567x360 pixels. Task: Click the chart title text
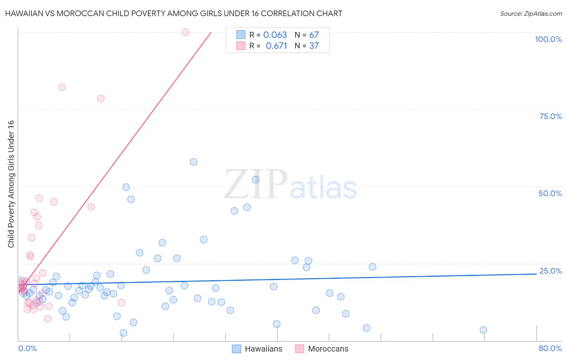coord(173,13)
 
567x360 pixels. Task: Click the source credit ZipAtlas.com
coord(531,13)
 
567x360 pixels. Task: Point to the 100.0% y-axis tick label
coord(548,39)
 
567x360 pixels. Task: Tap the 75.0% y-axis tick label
coord(550,116)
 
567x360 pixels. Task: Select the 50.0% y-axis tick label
coord(550,193)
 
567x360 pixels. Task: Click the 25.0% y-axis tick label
coord(550,271)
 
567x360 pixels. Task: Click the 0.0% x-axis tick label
coord(27,348)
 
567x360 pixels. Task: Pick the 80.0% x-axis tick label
coord(550,348)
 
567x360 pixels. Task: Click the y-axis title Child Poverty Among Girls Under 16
coord(11,184)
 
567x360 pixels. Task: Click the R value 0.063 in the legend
coord(275,35)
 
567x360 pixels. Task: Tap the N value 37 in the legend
coord(314,46)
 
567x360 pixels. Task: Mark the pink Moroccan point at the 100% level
coord(186,32)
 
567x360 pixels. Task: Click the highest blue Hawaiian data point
coord(194,162)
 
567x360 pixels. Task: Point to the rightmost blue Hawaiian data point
coord(484,330)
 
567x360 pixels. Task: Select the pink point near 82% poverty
coord(62,87)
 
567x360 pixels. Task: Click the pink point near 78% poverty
coord(101,98)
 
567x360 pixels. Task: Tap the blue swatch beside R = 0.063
coord(241,35)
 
